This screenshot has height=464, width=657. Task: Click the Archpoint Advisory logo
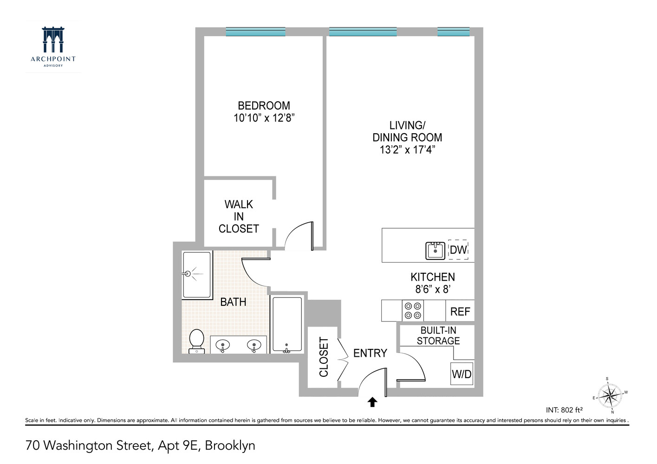coord(53,46)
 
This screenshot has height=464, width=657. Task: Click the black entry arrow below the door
coord(372,402)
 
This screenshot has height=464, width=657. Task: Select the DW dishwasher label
coord(458,250)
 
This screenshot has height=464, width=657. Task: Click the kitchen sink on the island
coord(436,251)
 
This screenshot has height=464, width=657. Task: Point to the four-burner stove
coord(413,311)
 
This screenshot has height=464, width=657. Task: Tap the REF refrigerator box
coord(460,311)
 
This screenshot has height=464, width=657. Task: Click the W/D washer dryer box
coord(462,374)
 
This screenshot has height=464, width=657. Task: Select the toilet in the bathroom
coord(197,341)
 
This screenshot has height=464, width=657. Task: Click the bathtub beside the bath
coord(287,324)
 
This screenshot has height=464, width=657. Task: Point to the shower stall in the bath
coord(197,274)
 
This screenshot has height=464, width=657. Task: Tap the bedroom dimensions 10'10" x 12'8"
coord(264,118)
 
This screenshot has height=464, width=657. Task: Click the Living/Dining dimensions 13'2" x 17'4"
coord(407,149)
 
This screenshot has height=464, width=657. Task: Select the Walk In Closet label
coord(239,216)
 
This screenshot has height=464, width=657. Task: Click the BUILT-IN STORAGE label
coord(438,335)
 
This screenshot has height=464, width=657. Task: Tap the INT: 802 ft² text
coord(564,410)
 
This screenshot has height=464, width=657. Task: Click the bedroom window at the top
coord(255,32)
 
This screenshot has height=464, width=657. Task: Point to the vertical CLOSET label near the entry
coord(324,357)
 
